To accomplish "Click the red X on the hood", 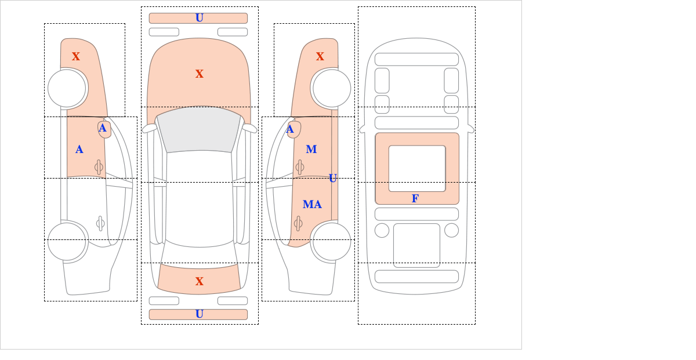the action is click(x=200, y=74).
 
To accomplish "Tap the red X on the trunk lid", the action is click(x=200, y=281).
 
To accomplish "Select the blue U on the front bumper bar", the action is click(x=200, y=18).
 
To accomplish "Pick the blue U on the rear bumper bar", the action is click(x=200, y=314).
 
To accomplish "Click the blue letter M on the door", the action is click(x=311, y=150).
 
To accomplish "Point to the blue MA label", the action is click(x=312, y=205).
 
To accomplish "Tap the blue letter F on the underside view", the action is click(x=415, y=198).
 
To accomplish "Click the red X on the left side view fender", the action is click(x=76, y=57).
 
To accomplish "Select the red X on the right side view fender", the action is click(x=320, y=57).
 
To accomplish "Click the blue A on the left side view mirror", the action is click(x=103, y=128).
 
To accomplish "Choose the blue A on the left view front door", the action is click(x=79, y=150).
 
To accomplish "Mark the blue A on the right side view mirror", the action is click(x=290, y=129).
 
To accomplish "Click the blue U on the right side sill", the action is click(x=333, y=179).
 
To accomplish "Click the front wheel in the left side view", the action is click(x=67, y=89).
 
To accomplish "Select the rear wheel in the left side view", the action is click(x=67, y=242).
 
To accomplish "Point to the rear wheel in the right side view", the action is click(x=332, y=242).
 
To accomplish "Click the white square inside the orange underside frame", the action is click(x=417, y=169).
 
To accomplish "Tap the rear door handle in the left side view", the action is click(x=100, y=223).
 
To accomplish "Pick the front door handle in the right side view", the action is click(x=300, y=168).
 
